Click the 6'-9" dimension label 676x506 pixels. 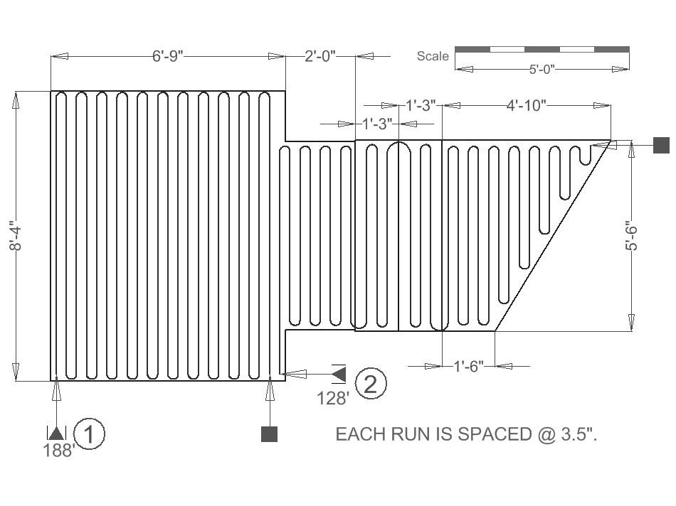click(x=168, y=56)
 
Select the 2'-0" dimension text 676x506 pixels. click(x=319, y=56)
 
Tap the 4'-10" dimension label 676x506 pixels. click(x=526, y=106)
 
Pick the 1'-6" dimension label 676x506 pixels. click(x=469, y=366)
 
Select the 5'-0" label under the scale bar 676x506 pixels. click(x=542, y=69)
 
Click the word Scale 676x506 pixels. click(x=433, y=56)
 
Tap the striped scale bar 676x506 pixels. click(x=542, y=49)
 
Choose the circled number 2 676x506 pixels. click(x=370, y=384)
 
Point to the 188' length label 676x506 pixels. click(x=58, y=451)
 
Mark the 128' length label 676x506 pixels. click(x=333, y=398)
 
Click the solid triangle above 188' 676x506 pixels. click(x=56, y=433)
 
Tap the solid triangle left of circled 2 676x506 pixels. click(x=339, y=373)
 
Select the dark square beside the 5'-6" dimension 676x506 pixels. click(x=662, y=145)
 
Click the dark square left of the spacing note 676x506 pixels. click(x=269, y=434)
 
